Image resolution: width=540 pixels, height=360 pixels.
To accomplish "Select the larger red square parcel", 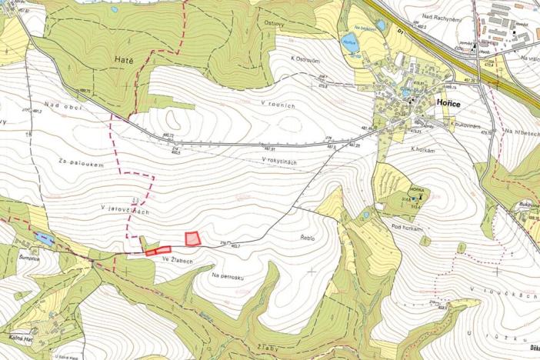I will coord(193,238).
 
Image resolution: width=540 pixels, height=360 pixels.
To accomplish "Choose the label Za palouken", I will coord(79,164).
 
